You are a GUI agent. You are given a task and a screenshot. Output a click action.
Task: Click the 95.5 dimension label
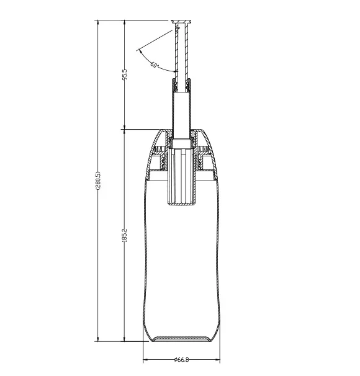[125, 74]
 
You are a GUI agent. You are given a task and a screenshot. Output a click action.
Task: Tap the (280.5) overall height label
[98, 181]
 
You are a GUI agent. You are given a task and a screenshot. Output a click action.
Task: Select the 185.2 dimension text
[125, 235]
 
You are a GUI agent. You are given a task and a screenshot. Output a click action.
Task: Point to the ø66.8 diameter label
[182, 360]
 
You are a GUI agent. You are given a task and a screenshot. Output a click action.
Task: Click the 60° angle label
[155, 65]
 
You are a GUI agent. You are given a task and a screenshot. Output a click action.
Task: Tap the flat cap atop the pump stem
[181, 22]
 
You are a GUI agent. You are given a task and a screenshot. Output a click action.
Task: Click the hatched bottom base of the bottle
[182, 339]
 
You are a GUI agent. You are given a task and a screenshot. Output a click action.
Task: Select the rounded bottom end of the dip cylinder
[182, 204]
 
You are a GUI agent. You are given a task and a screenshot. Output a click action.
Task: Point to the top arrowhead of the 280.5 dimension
[98, 23]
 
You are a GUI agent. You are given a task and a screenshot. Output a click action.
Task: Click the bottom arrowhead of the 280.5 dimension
[98, 338]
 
